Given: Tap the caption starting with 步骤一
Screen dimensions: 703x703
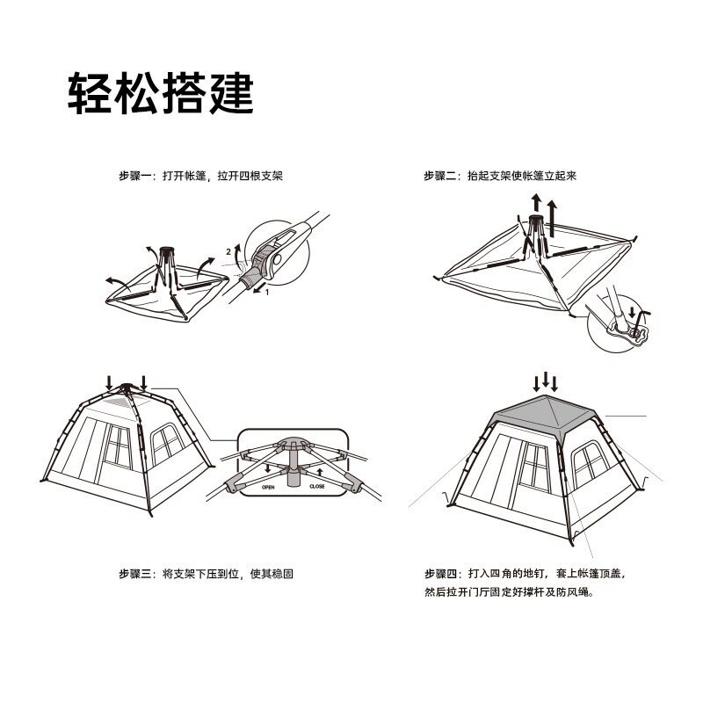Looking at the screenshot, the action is point(200,176).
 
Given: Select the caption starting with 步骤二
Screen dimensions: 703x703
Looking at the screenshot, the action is point(500,176).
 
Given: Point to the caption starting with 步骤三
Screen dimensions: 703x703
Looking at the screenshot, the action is point(206,574).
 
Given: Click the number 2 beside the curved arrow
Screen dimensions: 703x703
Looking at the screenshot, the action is point(228,251).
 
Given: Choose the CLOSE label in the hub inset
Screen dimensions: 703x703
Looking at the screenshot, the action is point(317,485).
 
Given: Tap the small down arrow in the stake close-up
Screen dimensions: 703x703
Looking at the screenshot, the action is point(632,313).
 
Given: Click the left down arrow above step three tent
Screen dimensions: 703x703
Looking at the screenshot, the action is point(108,383).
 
